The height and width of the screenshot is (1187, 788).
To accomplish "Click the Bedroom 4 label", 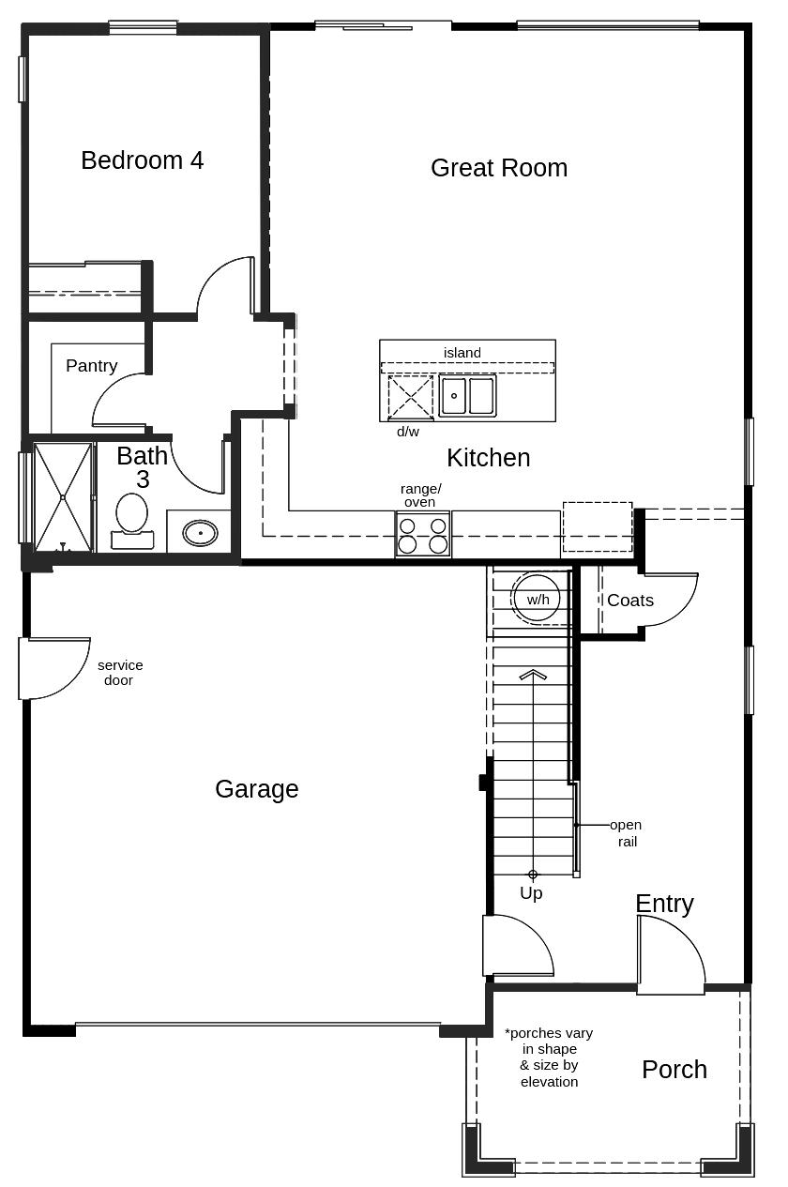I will [x=142, y=160].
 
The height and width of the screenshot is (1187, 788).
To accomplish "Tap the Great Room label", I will [x=498, y=168].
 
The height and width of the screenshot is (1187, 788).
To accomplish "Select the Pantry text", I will [x=91, y=366].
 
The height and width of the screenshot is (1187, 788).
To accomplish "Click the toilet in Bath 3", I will [x=131, y=519].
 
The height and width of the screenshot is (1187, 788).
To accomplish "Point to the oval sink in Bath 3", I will [x=200, y=534].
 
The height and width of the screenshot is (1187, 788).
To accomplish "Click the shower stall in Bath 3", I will [x=63, y=496].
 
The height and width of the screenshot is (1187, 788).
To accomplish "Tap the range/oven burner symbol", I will [x=423, y=535].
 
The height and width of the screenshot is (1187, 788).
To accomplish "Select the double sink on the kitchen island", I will [x=467, y=396].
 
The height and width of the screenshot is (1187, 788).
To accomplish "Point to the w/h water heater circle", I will [x=538, y=599].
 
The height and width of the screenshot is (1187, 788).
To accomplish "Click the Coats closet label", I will [x=629, y=601].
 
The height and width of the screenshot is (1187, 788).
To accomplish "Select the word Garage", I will [x=256, y=789].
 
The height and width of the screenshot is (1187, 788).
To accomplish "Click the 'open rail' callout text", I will [x=626, y=833].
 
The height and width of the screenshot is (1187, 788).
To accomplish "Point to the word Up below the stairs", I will [x=531, y=893].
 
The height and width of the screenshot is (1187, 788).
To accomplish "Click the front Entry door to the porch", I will [x=670, y=955].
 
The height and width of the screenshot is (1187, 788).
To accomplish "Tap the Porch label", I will [x=674, y=1070].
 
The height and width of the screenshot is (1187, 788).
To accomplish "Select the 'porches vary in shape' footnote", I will [x=549, y=1058].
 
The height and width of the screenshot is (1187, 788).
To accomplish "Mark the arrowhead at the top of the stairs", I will [x=533, y=673].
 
